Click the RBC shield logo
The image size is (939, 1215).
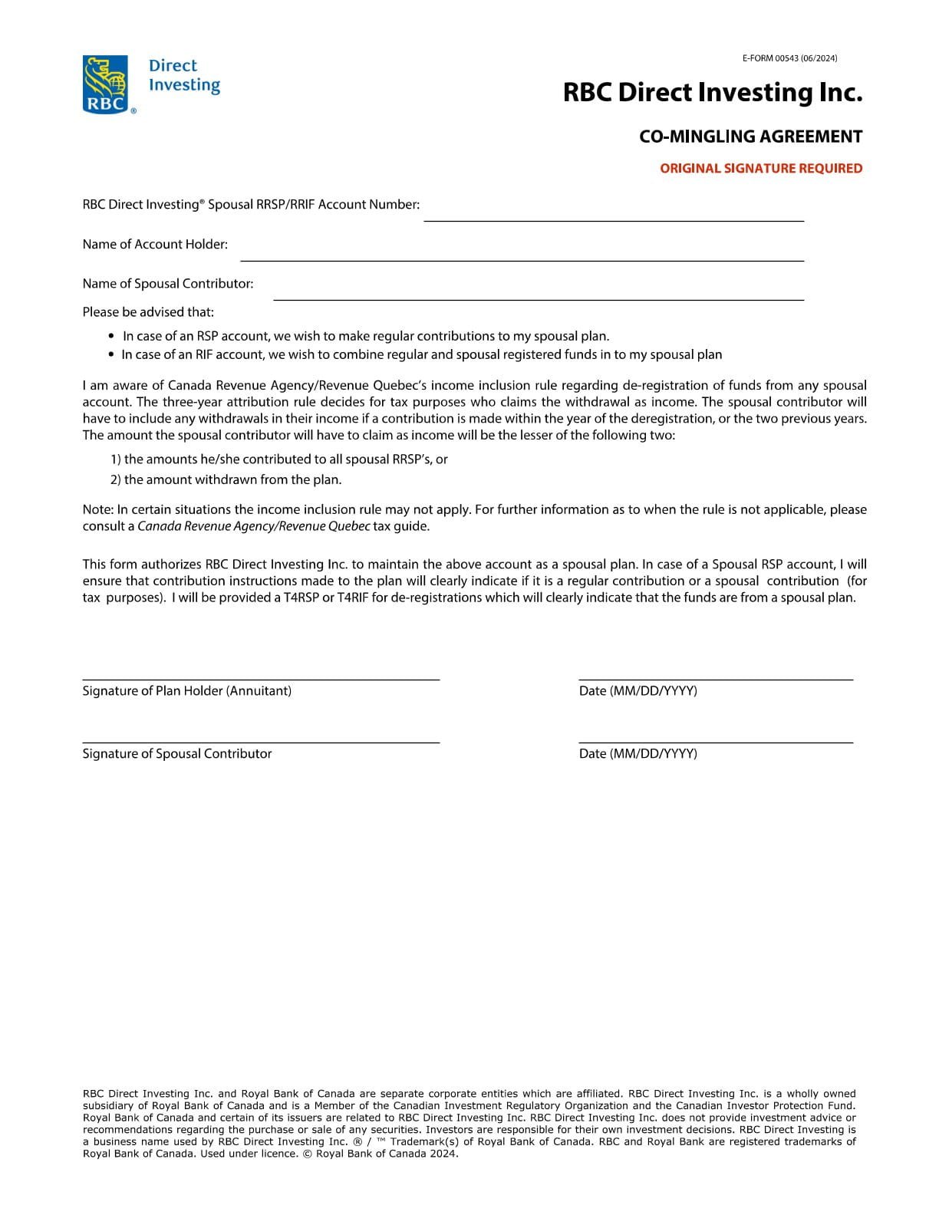106,84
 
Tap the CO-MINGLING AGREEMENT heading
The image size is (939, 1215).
750,137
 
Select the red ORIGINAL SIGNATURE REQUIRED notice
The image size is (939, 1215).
760,168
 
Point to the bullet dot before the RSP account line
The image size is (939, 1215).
112,336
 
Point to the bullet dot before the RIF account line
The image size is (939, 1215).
112,354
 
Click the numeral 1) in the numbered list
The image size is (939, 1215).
116,459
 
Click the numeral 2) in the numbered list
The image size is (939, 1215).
116,479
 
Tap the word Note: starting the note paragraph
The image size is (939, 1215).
98,509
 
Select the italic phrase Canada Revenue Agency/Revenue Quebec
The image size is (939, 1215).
253,526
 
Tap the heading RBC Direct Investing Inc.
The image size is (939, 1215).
712,93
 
